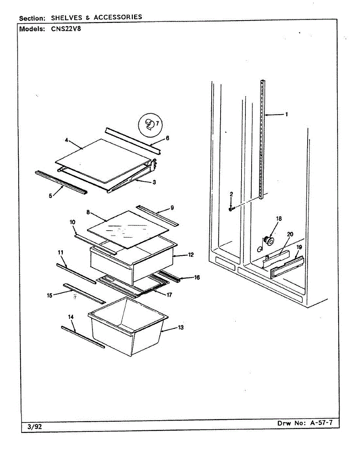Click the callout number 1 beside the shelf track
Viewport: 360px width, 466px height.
tap(286, 114)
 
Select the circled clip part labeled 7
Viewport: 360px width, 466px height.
tap(149, 124)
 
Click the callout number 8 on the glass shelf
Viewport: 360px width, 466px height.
tap(89, 212)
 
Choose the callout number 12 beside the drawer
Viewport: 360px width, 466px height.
tap(191, 255)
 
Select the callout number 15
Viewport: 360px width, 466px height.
tap(49, 296)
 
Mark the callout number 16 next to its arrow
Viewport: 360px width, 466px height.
tap(197, 277)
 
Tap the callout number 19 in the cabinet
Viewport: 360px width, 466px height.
tap(299, 247)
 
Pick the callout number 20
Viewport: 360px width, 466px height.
tap(290, 234)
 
